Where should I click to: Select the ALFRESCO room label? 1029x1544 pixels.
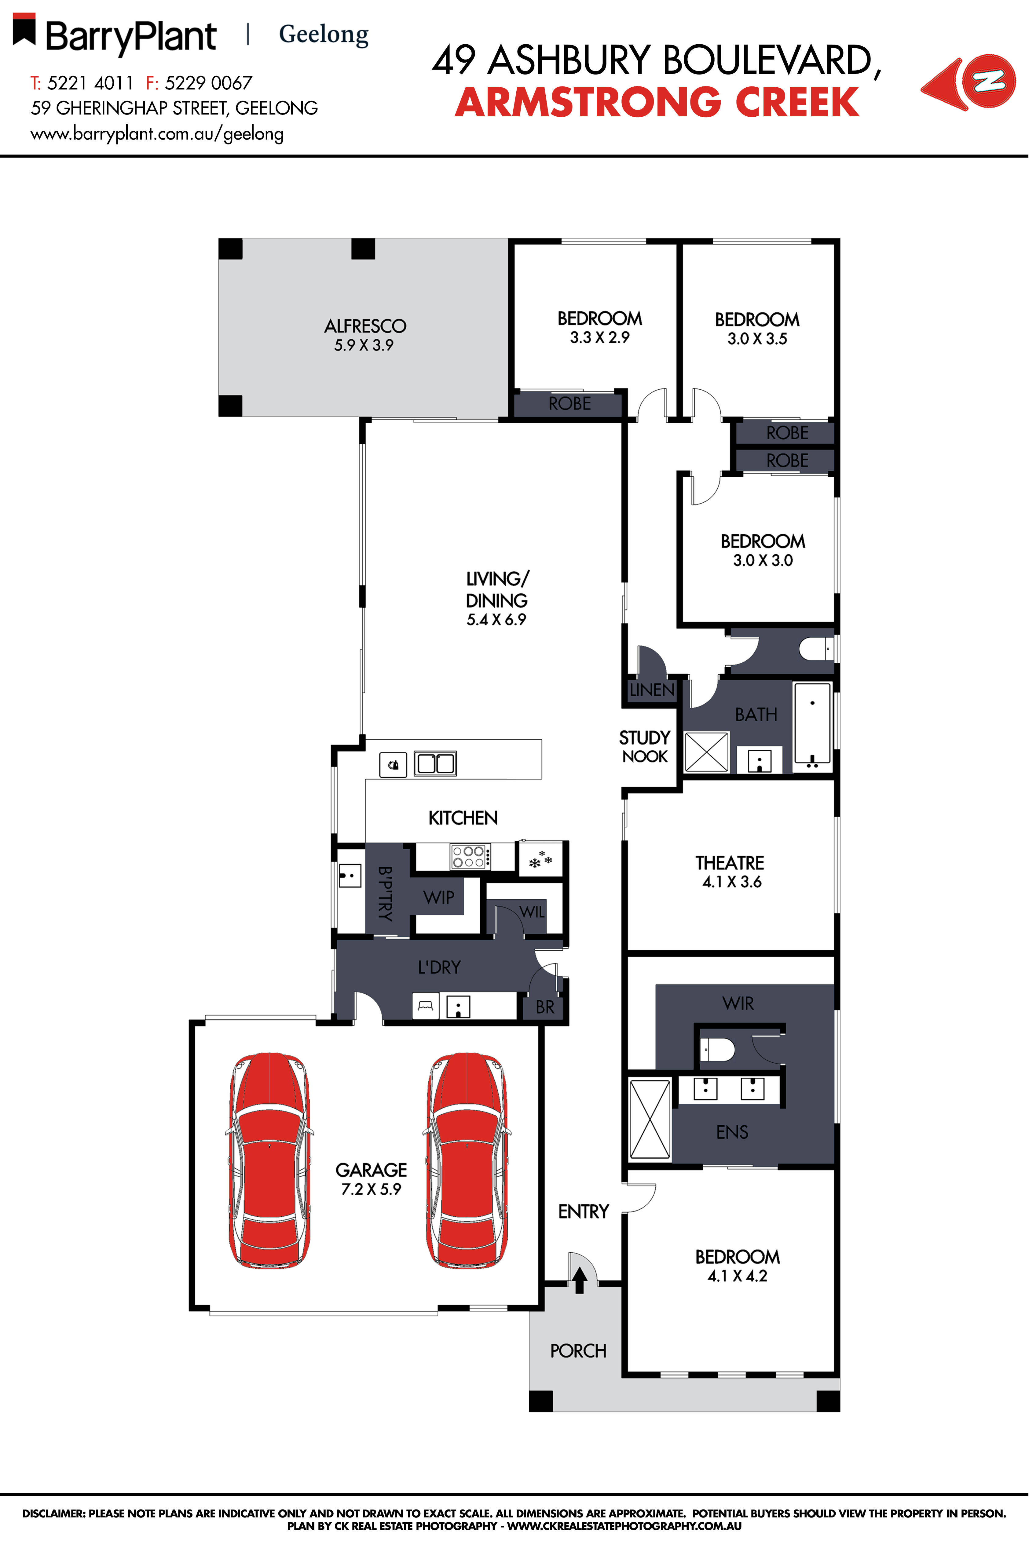365,326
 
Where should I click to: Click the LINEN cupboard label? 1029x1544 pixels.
651,690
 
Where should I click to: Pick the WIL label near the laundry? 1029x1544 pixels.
532,912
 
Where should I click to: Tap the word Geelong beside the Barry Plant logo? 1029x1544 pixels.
324,34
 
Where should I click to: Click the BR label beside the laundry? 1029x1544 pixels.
545,1007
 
